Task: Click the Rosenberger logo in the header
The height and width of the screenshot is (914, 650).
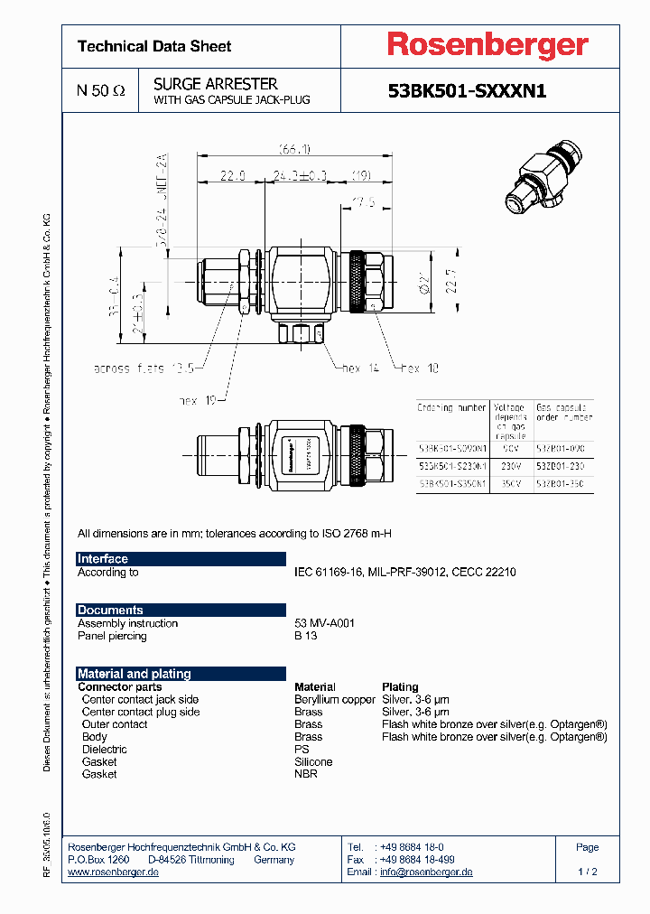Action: tap(487, 45)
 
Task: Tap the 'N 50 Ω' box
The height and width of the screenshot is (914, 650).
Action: tap(100, 90)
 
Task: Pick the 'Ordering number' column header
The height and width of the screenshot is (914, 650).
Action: tap(451, 408)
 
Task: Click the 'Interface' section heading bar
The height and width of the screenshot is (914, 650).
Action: tap(181, 559)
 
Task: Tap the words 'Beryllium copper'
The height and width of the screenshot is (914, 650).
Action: tap(334, 700)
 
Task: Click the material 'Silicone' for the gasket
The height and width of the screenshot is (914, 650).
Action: tap(313, 762)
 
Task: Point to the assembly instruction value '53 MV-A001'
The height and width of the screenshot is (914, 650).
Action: tap(325, 623)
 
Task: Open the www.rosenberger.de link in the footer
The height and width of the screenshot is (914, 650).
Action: tap(114, 872)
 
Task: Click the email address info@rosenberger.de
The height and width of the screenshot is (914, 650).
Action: tap(425, 872)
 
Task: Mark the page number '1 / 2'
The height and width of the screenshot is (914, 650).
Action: tap(587, 872)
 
